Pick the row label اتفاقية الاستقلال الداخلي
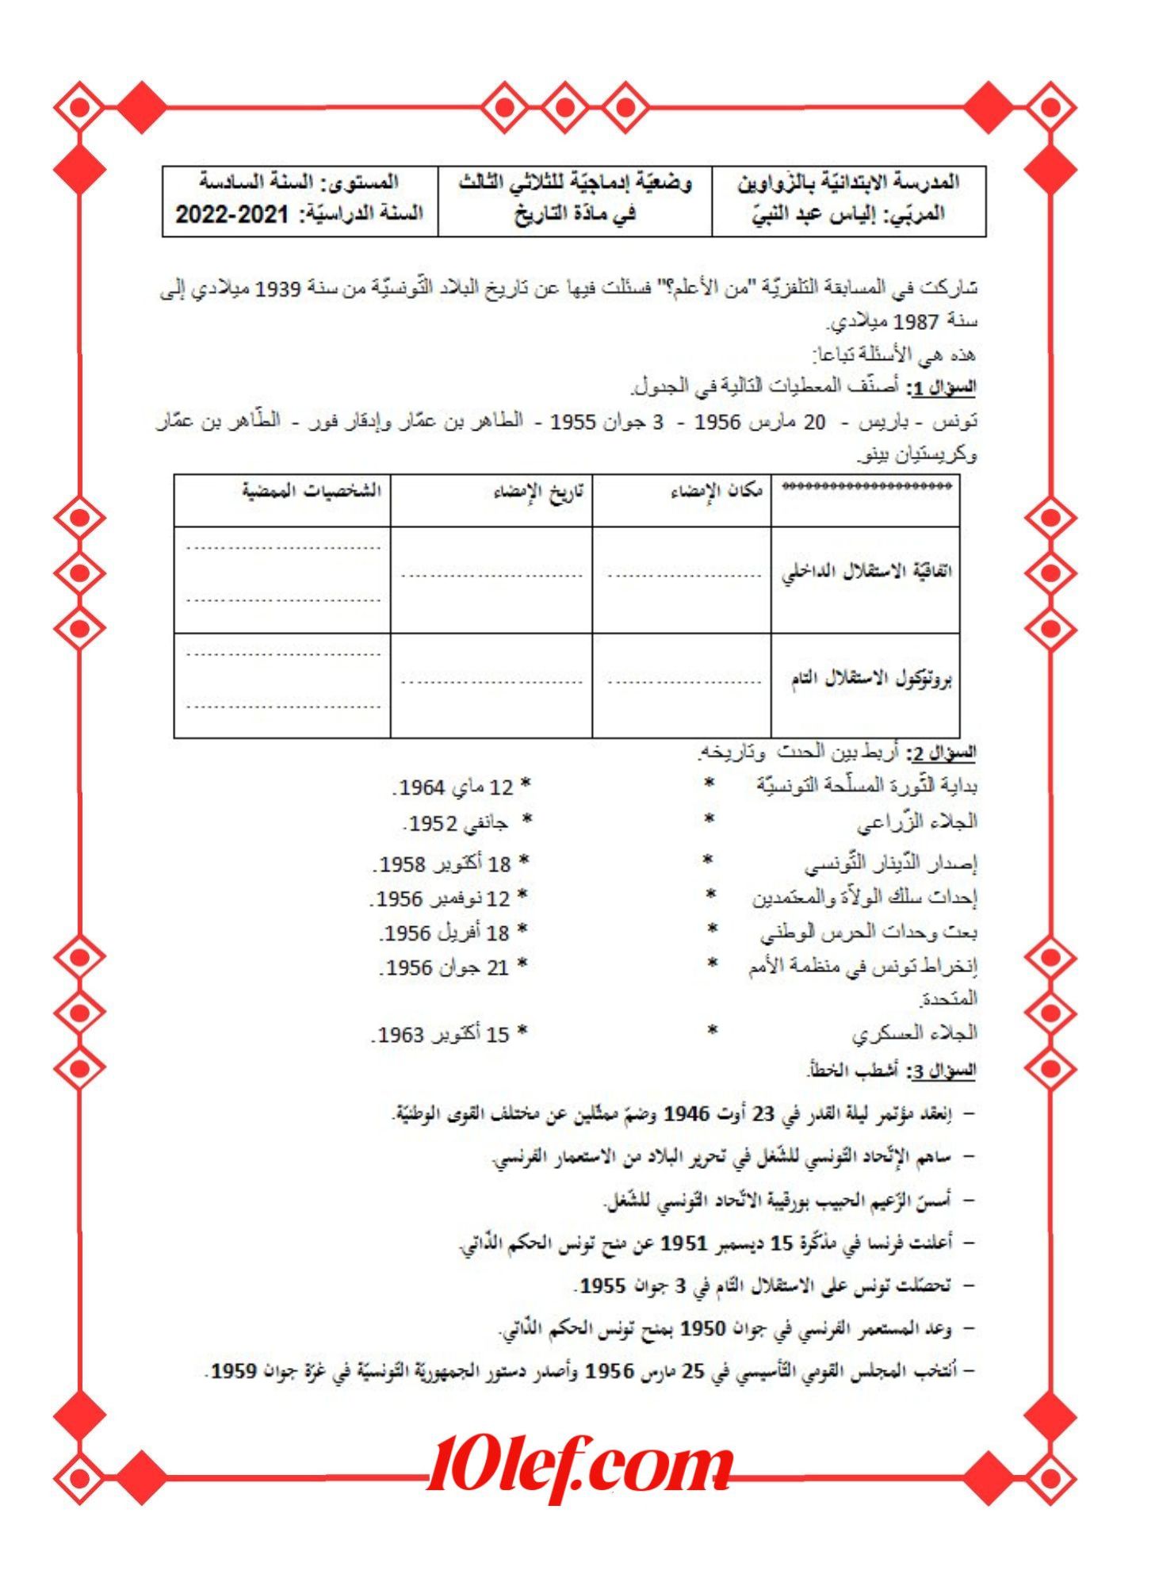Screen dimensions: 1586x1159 click(866, 572)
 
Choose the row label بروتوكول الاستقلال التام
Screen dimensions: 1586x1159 click(870, 680)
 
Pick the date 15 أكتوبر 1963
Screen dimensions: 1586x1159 click(444, 1035)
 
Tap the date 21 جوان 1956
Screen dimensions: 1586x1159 click(448, 967)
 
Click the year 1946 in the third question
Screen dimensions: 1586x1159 click(686, 1114)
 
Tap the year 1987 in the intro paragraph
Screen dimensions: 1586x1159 click(917, 322)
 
